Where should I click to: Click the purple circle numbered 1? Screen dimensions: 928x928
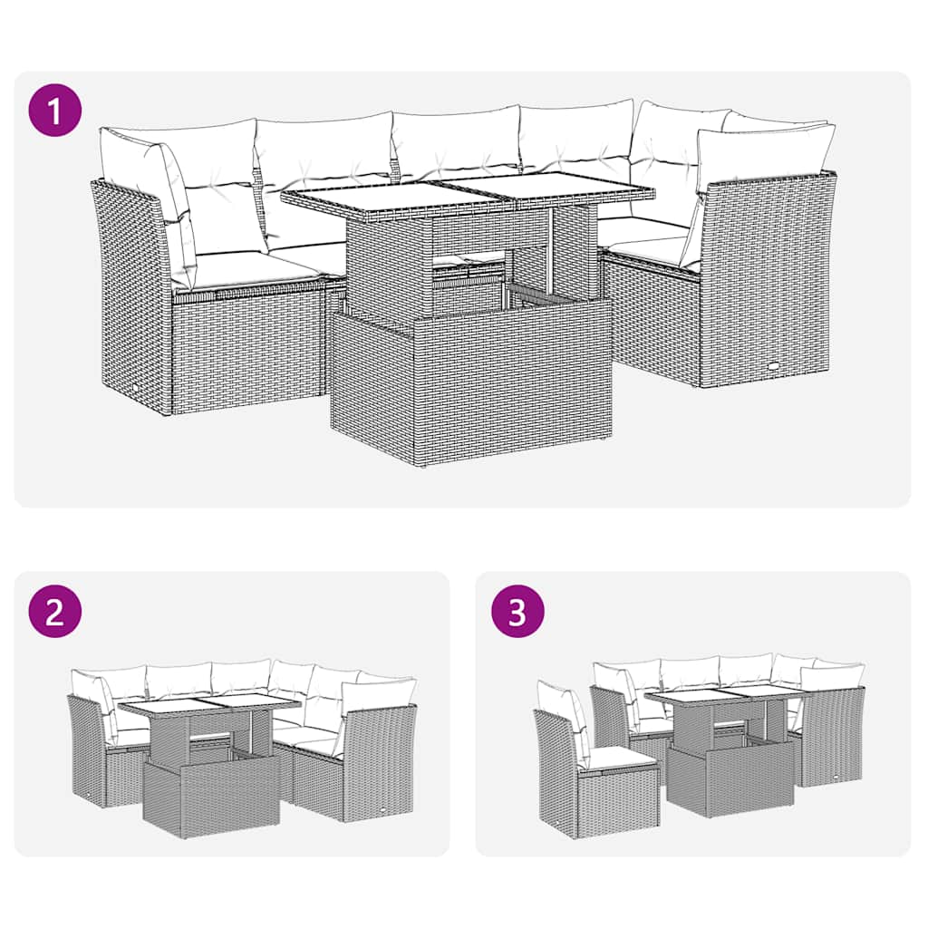[x=54, y=111]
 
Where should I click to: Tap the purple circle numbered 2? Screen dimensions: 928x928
[x=54, y=613]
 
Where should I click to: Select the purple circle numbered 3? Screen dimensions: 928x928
[x=517, y=613]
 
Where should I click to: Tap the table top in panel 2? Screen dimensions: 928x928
[x=208, y=706]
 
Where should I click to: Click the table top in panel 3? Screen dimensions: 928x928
[x=725, y=694]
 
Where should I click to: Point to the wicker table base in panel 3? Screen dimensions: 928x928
[x=730, y=779]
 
